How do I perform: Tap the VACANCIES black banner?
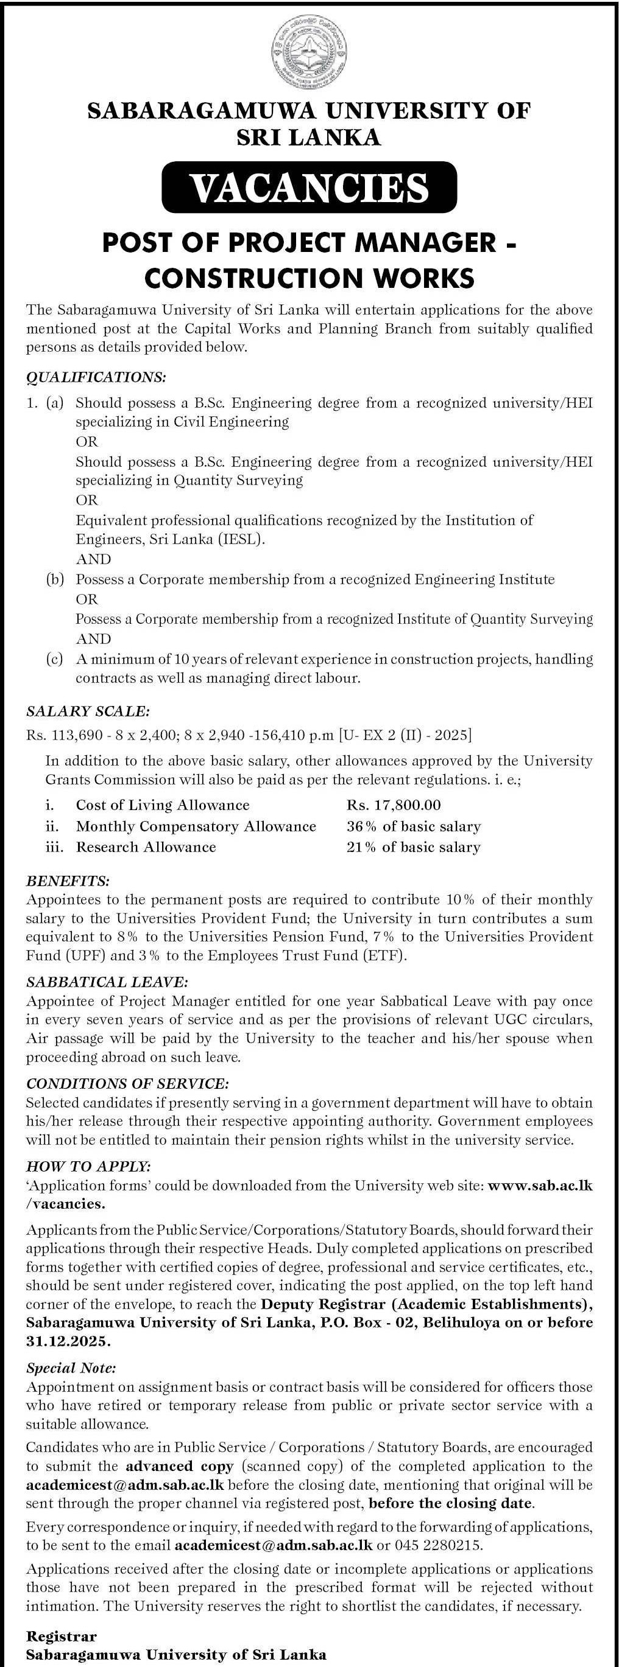[x=309, y=187]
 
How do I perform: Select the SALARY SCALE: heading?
[x=88, y=711]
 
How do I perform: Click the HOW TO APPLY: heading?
[x=89, y=1166]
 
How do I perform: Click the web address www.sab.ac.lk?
[x=540, y=1186]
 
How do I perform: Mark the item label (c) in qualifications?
[x=54, y=659]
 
